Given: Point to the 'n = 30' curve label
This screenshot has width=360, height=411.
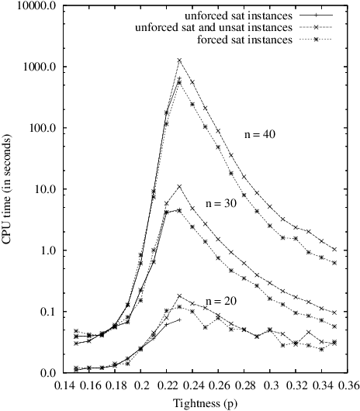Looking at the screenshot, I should coord(221,202).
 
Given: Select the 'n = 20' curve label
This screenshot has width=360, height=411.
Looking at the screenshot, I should coord(221,300).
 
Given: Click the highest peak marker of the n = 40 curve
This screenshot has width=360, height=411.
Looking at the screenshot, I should coord(180,60).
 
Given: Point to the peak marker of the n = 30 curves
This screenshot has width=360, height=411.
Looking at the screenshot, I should coord(180,186).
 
